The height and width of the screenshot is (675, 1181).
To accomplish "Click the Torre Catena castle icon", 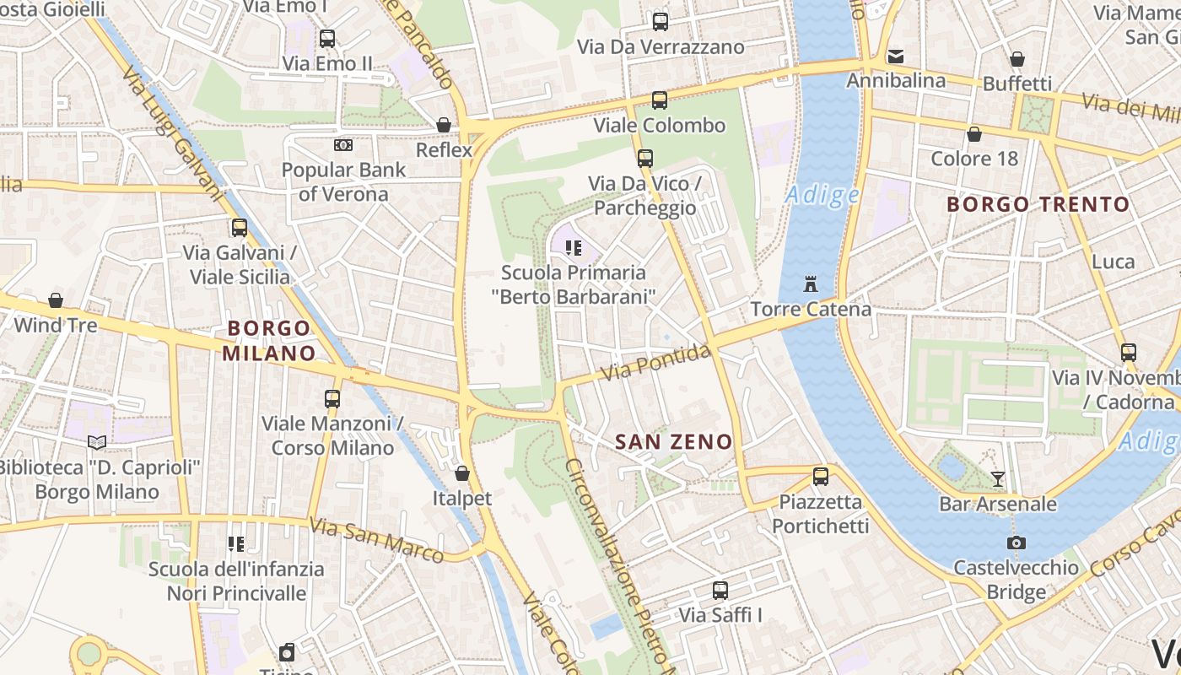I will [811, 283].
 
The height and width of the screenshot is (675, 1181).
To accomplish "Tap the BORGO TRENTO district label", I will [1038, 204].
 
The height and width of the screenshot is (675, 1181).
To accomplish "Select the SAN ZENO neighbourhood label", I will [673, 441].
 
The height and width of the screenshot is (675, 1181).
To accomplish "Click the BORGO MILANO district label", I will [269, 341].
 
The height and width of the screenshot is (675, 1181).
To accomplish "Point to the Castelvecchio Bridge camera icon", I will [1017, 543].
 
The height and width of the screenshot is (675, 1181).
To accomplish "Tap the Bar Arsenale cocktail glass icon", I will [998, 479].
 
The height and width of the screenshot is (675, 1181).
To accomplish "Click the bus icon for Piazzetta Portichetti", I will [821, 477].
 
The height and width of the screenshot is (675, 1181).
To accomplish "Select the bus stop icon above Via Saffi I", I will [720, 591].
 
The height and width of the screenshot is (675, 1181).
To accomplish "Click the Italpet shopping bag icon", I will [461, 473].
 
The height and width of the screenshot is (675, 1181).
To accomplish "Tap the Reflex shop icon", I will [444, 125].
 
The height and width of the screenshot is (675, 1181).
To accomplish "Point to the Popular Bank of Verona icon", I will [342, 145].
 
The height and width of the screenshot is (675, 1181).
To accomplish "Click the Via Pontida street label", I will [658, 363].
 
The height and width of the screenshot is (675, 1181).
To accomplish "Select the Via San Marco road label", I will [375, 540].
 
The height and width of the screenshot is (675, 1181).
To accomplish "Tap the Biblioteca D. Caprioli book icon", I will [97, 442].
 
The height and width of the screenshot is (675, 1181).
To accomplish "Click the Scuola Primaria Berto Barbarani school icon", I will [574, 248].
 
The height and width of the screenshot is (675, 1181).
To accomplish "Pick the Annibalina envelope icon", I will [895, 57].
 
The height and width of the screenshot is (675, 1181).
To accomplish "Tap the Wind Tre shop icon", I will [56, 300].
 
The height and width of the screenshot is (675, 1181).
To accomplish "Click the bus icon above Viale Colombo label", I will [660, 100].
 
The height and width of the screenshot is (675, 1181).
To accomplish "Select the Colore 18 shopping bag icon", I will [974, 134].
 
